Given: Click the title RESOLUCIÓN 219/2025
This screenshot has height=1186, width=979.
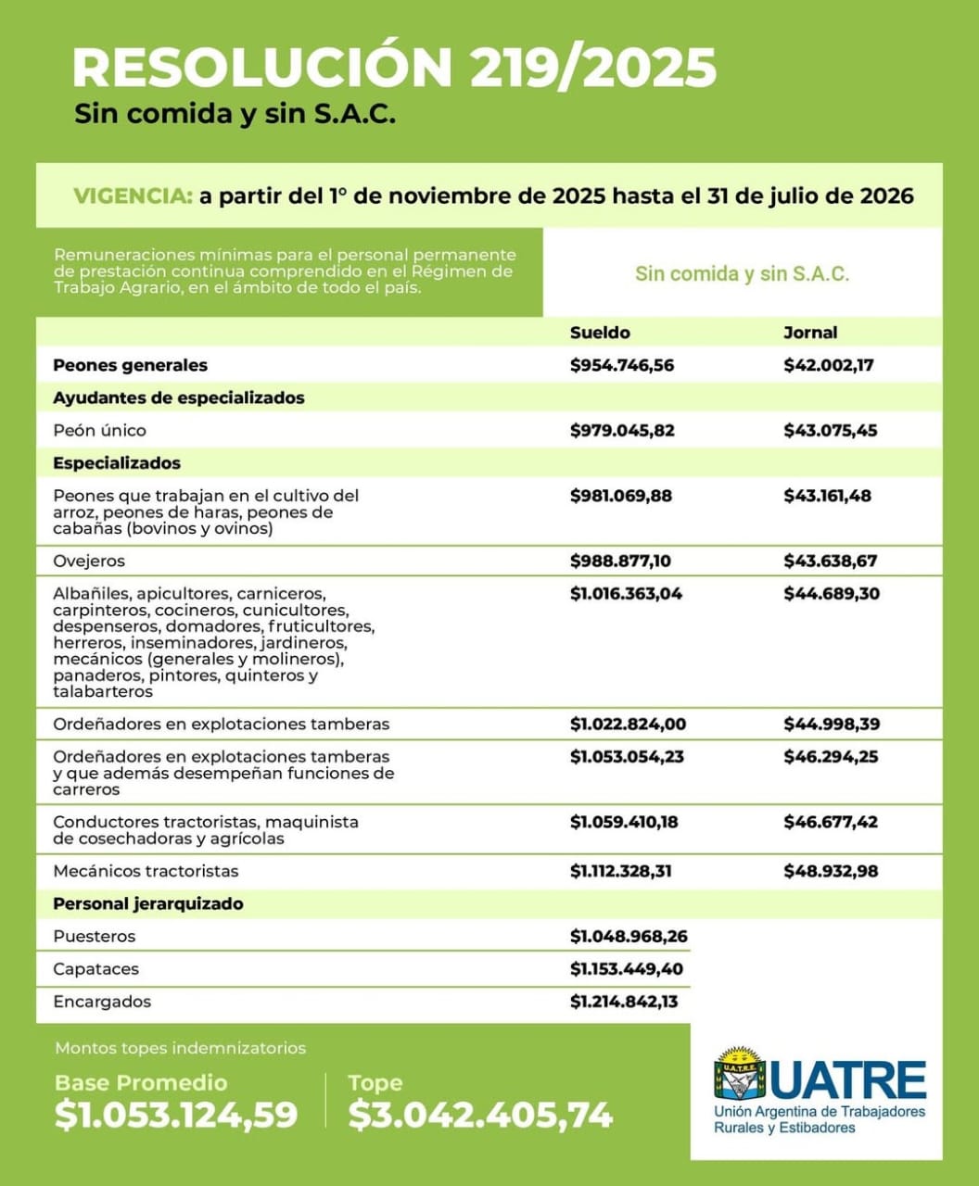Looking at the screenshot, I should point(394,67).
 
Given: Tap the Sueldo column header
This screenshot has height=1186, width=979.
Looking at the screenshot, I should point(600,333).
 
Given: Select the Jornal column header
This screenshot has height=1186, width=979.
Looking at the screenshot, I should point(810,333).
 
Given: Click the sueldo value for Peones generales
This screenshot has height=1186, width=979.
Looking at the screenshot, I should point(622,365).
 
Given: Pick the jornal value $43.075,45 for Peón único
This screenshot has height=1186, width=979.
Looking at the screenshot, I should point(830,431).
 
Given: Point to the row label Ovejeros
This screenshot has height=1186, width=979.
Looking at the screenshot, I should point(89,561).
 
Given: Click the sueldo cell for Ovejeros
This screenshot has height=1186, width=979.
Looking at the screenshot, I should point(621,561).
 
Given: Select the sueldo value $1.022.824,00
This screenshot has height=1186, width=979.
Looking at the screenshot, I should point(628,725).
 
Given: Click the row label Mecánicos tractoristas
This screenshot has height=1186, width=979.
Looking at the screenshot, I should point(146,872).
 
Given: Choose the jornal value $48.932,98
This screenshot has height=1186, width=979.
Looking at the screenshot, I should point(831,872).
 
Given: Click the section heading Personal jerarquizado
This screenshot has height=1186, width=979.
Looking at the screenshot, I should point(148,904).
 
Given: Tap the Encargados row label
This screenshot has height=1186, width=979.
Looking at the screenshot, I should point(102,1003).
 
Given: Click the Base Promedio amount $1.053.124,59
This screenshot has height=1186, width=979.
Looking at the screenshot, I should point(176,1115).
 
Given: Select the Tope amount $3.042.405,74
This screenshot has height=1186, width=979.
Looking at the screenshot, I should point(480,1115).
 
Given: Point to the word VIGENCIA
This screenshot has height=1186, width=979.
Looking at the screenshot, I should point(133,196).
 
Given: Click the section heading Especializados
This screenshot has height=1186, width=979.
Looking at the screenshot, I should point(117,463).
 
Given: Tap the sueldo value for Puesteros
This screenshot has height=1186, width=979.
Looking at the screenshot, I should point(629,937).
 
